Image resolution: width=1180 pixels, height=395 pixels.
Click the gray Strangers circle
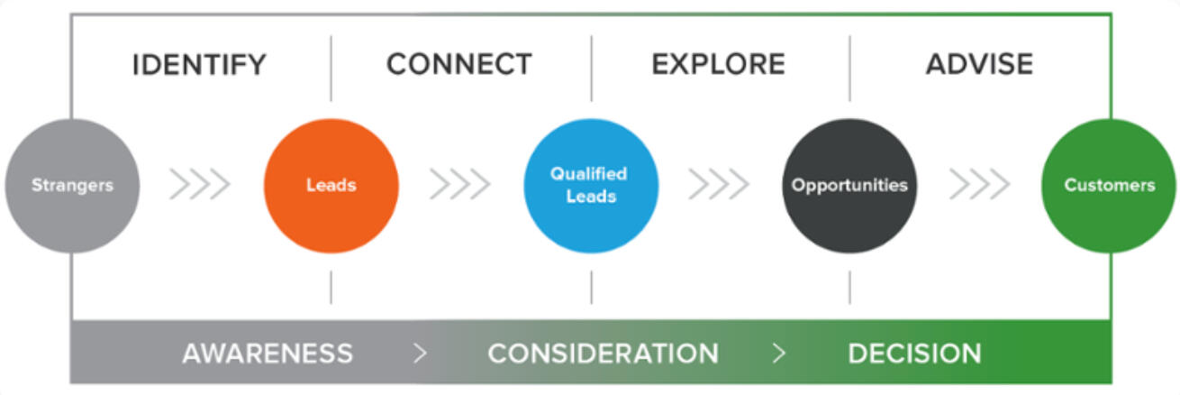(72, 186)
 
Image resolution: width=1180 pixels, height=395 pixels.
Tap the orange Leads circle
(331, 186)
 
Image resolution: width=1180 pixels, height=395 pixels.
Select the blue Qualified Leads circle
(591, 186)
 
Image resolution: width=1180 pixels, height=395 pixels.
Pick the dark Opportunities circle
(849, 186)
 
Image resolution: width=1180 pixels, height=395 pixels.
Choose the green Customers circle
(1109, 186)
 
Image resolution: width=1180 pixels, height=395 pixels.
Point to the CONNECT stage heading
(458, 65)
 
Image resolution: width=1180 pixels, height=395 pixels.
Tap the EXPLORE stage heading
(718, 65)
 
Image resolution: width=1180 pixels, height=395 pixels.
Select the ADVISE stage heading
(979, 65)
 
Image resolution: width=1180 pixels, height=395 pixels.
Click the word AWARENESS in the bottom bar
(268, 354)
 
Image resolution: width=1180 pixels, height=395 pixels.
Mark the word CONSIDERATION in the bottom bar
(603, 354)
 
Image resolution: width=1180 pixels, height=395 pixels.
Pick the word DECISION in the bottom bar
(914, 354)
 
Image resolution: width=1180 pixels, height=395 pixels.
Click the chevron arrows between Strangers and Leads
(200, 185)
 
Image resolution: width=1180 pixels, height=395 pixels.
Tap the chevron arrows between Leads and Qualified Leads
(460, 185)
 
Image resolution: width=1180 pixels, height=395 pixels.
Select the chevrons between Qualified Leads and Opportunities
(719, 185)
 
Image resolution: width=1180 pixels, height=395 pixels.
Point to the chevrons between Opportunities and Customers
(979, 185)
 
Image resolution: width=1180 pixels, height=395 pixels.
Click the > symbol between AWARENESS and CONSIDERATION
(420, 354)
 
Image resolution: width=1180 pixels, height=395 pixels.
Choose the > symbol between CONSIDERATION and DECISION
(779, 354)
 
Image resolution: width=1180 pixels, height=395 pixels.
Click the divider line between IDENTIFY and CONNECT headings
(331, 68)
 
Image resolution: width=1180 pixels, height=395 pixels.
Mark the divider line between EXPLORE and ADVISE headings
(849, 68)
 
